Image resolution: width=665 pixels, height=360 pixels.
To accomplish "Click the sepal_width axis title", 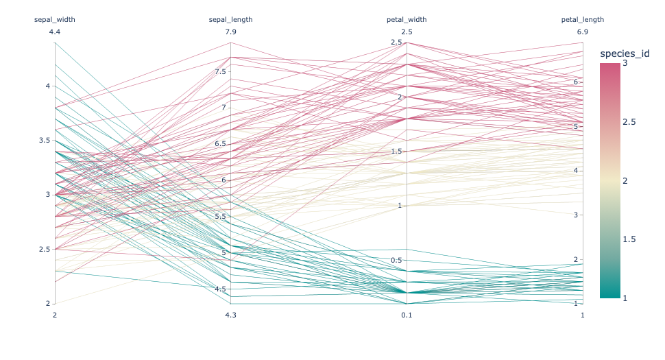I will pos(55,20).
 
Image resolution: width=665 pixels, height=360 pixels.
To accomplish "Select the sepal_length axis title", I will pos(230,20).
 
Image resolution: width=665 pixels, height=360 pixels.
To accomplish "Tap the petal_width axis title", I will pos(407,20).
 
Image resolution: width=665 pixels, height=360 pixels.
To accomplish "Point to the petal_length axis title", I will pos(583,20).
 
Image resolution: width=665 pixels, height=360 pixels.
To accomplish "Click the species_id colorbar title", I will pos(624,53).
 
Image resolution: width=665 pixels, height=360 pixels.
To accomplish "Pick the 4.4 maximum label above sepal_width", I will pos(55,32).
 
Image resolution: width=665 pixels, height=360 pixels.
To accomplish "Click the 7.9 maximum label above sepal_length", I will pos(230,32).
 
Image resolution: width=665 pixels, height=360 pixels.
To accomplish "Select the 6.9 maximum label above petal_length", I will pos(583,32).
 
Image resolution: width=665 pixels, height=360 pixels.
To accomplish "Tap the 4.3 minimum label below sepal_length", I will pos(230,315).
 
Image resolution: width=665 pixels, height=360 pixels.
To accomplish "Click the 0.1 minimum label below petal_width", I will pos(407,315).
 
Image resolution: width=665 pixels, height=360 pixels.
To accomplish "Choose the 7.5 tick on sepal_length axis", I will pos(220,72).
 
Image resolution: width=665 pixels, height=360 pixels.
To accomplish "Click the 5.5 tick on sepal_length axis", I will pos(220,217).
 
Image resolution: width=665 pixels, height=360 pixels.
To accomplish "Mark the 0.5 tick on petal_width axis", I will pos(396,261).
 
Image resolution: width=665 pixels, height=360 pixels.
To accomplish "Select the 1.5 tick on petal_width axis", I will pos(396,152).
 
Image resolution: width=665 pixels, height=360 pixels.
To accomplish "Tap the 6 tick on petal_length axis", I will pos(577,82).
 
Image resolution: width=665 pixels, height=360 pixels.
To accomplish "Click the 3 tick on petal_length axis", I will pos(577,215).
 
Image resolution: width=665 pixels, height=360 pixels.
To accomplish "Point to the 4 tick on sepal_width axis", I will pos(47,86).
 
